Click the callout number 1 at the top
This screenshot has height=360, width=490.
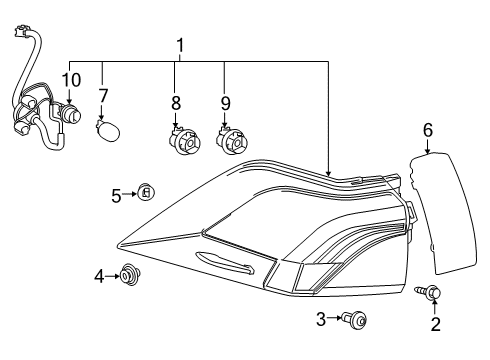coord(180,45)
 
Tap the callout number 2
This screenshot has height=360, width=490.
coord(435,323)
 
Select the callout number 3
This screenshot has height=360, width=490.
coord(321,319)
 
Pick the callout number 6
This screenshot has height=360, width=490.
coord(427,130)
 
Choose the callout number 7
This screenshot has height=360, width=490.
coord(102,96)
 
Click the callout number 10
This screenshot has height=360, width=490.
coord(70,78)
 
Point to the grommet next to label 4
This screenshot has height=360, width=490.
coord(128,272)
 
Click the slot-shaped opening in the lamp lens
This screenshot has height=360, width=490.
coord(224,263)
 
